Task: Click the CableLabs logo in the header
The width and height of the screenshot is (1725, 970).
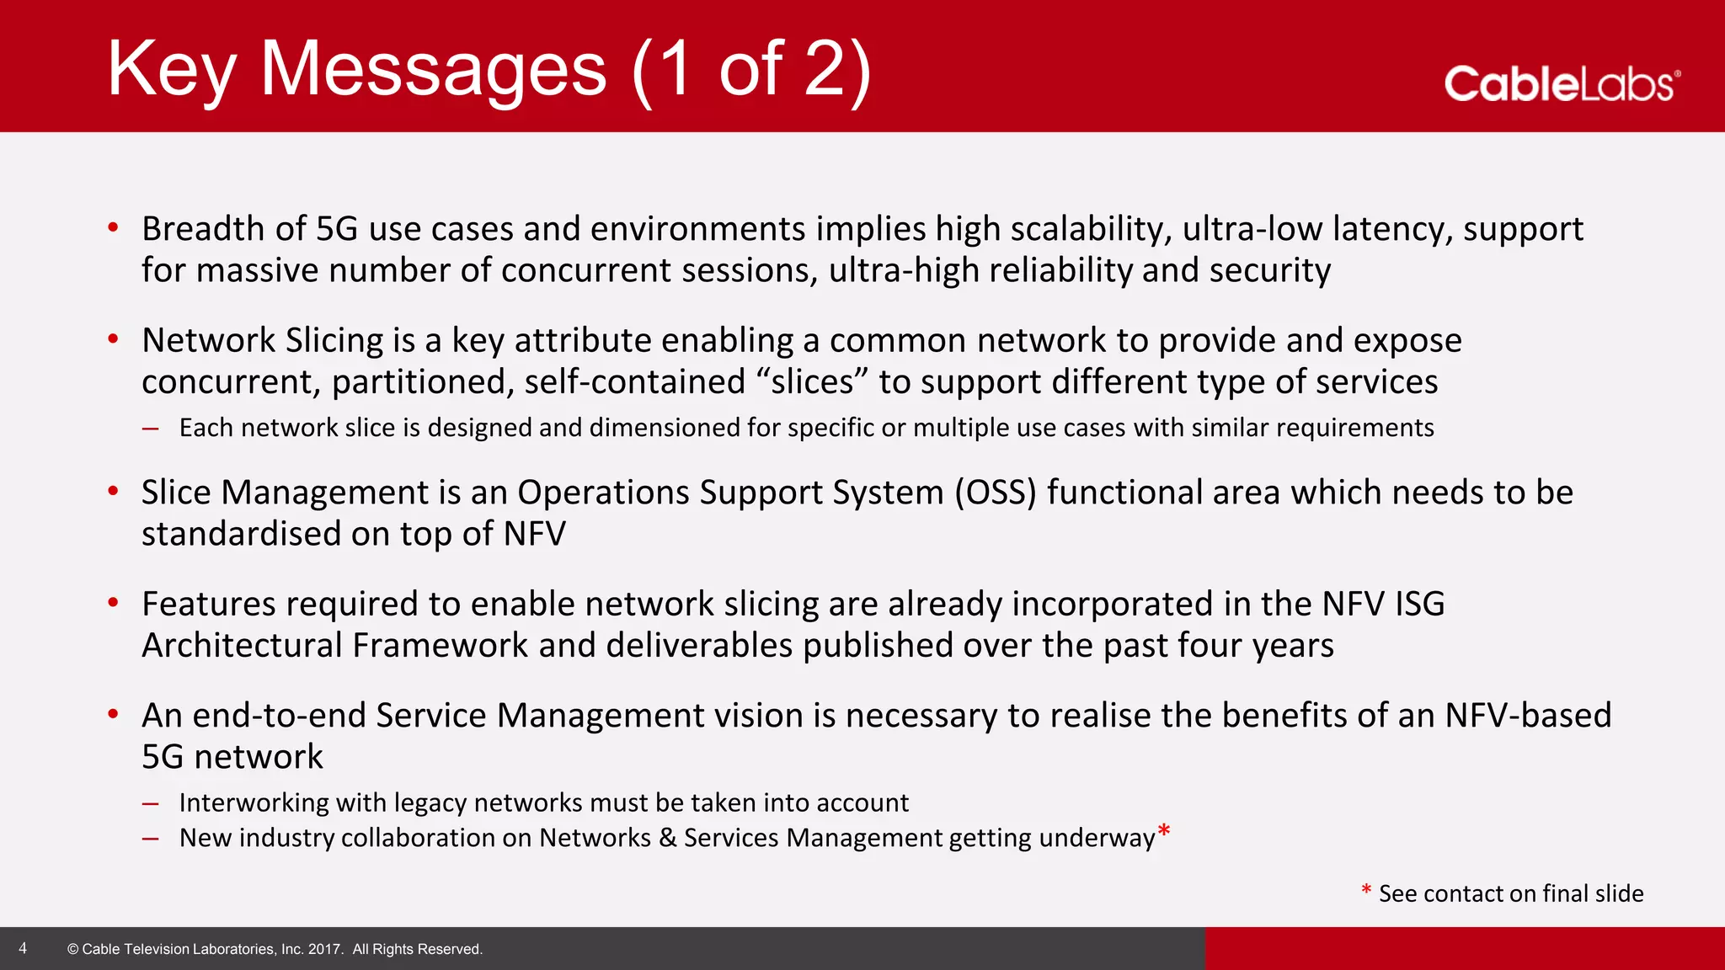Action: coord(1561,84)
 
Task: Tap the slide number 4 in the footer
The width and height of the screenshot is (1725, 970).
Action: coord(23,948)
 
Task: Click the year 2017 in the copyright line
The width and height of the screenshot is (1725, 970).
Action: coord(324,949)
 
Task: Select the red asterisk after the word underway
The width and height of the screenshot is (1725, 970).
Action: coord(1164,832)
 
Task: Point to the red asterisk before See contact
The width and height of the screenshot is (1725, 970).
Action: coord(1366,891)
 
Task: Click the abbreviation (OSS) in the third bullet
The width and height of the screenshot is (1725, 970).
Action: coord(995,493)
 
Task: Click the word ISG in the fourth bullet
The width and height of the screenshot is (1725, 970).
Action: coord(1419,604)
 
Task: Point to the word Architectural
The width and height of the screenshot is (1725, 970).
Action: coord(242,646)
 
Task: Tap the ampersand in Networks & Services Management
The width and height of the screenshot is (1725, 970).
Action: coord(667,838)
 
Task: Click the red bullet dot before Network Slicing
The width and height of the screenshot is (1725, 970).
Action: coord(113,338)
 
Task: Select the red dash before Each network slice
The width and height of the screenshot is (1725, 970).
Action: coord(151,429)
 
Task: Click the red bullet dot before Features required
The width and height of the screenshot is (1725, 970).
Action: coord(113,602)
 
